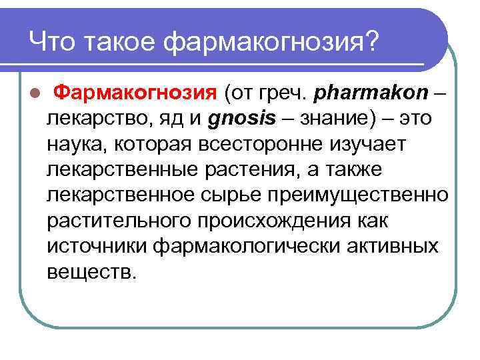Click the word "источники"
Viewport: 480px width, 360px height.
click(97, 245)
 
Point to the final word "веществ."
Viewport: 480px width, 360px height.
click(91, 271)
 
